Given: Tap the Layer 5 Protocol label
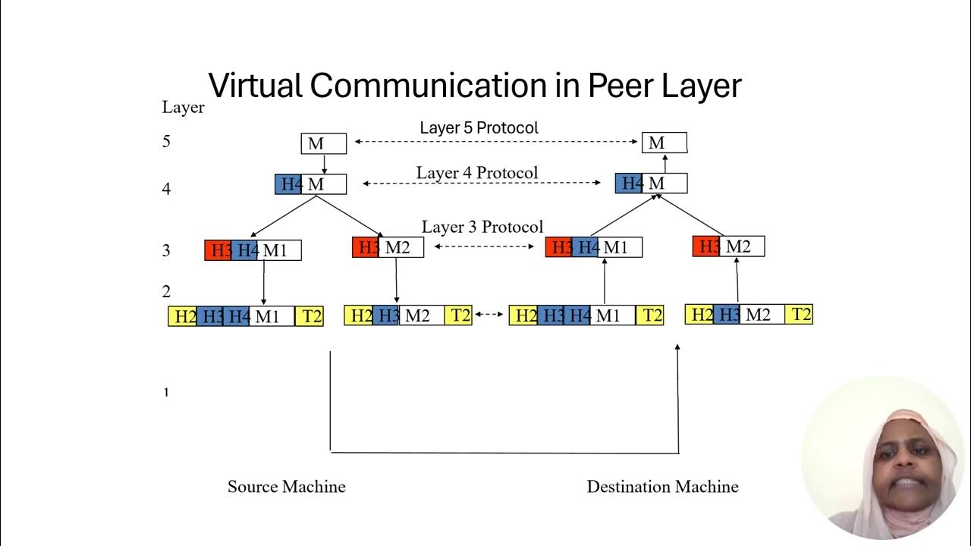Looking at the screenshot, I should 479,127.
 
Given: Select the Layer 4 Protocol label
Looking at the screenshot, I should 476,173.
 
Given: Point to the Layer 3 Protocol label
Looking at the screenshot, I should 482,227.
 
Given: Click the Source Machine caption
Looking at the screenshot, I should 286,487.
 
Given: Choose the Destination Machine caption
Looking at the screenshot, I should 662,487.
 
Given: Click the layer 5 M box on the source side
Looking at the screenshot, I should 324,143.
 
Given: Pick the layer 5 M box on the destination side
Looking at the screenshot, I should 665,143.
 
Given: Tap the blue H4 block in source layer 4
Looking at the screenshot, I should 288,184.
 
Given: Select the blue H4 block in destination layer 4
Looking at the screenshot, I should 629,183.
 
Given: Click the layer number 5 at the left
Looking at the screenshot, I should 166,141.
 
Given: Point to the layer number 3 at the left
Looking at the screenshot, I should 166,250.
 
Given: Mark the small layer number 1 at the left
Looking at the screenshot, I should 166,393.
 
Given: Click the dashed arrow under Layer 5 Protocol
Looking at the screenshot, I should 497,142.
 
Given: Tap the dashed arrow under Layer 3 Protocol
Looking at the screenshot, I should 484,246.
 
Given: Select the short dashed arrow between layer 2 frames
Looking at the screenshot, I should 490,314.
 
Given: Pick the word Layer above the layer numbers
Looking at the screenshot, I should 183,108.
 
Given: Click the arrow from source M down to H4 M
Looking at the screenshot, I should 324,165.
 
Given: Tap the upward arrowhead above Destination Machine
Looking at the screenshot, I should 677,347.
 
